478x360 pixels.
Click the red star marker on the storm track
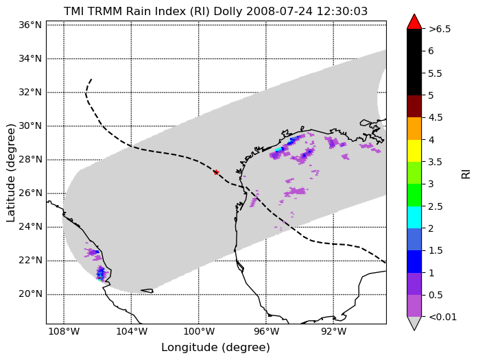coord(217,173)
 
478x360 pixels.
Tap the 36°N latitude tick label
coord(30,25)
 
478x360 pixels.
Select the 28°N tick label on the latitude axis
coord(30,160)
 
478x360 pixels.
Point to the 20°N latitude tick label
coord(30,294)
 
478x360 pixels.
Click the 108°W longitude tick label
coord(64,331)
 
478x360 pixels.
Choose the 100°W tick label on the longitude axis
coord(199,331)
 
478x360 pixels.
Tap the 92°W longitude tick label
coord(333,331)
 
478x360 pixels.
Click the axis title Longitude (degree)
coord(215,348)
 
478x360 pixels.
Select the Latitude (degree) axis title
coord(10,173)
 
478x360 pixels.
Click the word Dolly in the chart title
coord(228,11)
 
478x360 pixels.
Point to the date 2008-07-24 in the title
coord(279,11)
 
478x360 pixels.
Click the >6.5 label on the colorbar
coord(440,29)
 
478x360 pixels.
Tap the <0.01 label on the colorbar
coord(442,317)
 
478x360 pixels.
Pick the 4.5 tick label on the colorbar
coord(435,118)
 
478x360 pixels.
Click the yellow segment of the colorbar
coord(414,151)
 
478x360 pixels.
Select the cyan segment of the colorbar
coord(414,217)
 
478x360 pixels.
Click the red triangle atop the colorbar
coord(414,22)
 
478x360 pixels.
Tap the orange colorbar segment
coord(414,129)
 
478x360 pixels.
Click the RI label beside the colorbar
coord(466,174)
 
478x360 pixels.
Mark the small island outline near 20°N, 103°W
coord(147,291)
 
